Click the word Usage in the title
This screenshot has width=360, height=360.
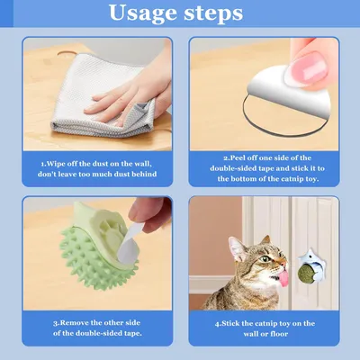pyautogui.click(x=143, y=13)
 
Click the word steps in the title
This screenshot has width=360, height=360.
pyautogui.click(x=213, y=13)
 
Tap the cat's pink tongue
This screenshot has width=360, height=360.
pyautogui.click(x=283, y=278)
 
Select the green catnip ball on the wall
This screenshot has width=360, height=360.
pyautogui.click(x=306, y=272)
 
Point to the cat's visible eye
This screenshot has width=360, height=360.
pyautogui.click(x=265, y=258)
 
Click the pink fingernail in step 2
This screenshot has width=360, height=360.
pyautogui.click(x=310, y=68)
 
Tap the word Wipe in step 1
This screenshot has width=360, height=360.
pyautogui.click(x=56, y=164)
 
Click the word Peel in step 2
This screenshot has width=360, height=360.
pyautogui.click(x=238, y=157)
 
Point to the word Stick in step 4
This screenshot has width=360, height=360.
pyautogui.click(x=231, y=323)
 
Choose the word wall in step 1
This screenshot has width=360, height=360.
pyautogui.click(x=143, y=164)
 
